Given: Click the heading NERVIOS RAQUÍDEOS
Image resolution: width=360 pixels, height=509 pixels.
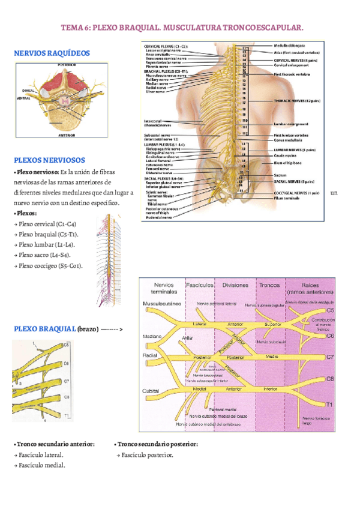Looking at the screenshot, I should click(52, 53).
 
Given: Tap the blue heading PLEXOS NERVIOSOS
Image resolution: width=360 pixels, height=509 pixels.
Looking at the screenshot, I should click(49, 160).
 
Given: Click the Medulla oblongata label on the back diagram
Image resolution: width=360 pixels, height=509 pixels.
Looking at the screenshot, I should click(289, 46).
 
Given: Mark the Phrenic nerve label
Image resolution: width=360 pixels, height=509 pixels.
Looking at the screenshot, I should click(157, 66).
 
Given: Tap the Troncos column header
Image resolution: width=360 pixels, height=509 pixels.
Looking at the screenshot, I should click(269, 285).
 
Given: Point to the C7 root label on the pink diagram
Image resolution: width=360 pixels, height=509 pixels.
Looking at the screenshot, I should click(329, 357).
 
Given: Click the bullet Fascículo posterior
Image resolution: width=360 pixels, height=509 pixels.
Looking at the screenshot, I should click(145, 455).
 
